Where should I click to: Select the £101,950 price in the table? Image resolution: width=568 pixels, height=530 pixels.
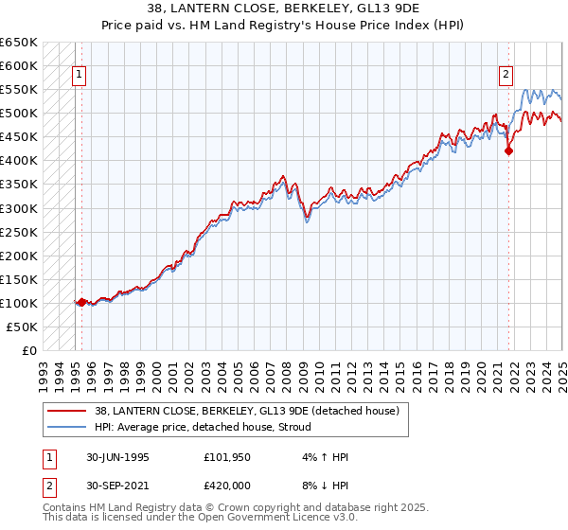[x=226, y=457]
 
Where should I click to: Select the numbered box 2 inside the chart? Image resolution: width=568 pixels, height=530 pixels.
[x=506, y=76]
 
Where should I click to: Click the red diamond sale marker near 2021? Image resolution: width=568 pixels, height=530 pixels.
[x=508, y=150]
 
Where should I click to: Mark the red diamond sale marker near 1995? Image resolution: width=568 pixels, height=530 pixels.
[x=81, y=302]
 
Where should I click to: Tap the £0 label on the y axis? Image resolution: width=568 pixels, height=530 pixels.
[x=27, y=350]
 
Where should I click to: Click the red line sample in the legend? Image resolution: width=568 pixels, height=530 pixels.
[x=67, y=411]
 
